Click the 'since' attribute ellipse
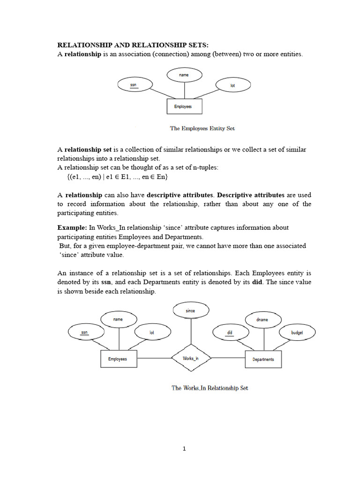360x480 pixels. tap(190, 310)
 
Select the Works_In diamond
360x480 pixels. tap(190, 359)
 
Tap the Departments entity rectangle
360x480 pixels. tap(263, 359)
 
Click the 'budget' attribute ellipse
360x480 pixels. tap(297, 332)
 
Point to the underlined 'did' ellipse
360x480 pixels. tap(230, 332)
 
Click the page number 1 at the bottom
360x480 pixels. tap(184, 449)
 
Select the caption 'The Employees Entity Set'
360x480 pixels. tap(202, 128)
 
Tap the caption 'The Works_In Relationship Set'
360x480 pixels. tap(210, 388)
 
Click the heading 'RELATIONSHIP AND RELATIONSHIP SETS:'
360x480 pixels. tap(133, 45)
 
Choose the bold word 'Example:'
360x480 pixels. tap(72, 227)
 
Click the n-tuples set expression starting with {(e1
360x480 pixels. tap(118, 177)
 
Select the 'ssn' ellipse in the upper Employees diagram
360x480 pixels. tap(135, 85)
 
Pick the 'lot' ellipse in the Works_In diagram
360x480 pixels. tap(152, 332)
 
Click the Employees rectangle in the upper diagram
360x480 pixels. tap(184, 106)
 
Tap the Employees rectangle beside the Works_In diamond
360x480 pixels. tap(118, 359)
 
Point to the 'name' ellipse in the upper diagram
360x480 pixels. tap(184, 75)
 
